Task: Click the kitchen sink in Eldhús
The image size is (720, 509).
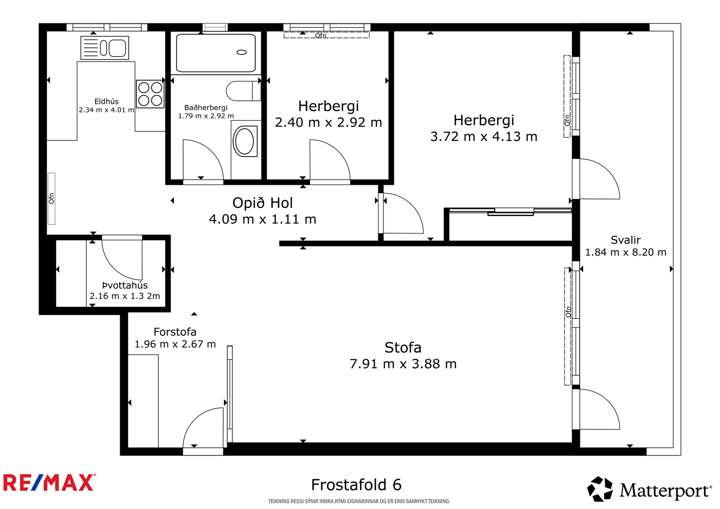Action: pos(104,48)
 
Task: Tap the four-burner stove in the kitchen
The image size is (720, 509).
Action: pos(150,94)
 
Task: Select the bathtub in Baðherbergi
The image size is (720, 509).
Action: pos(216,53)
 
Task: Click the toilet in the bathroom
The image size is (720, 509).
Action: pos(243,91)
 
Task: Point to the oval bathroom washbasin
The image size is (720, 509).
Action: pos(245,141)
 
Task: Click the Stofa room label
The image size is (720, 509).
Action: pos(403,347)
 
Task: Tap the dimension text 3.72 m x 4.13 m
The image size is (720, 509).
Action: pos(484,137)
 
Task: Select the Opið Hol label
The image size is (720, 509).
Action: pos(263,203)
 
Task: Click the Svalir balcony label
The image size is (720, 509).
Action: pos(625,240)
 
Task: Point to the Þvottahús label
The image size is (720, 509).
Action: pos(125,285)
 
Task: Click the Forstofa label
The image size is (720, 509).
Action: pos(175,332)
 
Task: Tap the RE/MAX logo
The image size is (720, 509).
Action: pos(49,482)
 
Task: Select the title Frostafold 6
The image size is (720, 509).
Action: pos(356,485)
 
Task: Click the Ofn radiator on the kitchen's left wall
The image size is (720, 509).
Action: pos(51,198)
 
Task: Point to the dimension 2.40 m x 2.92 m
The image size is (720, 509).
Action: pos(328,122)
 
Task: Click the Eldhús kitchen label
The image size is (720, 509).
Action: pos(106,102)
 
